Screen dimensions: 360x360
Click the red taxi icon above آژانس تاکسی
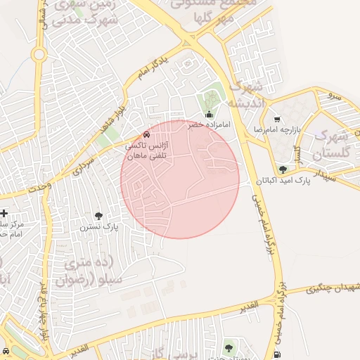pos(146,134)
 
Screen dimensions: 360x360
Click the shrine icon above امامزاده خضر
pos(208,115)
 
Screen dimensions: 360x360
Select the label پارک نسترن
pos(97,227)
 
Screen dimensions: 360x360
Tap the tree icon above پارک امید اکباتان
pos(283,169)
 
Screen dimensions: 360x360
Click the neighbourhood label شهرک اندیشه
pos(245,96)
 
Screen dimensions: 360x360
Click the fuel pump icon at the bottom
pos(280,354)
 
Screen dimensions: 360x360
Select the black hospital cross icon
pos(4,213)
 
